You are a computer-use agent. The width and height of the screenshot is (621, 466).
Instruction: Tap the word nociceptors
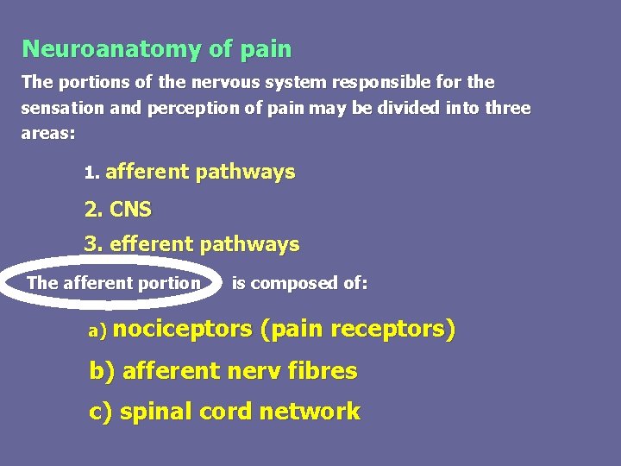[182, 329]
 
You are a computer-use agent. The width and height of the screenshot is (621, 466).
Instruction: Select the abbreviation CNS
[130, 209]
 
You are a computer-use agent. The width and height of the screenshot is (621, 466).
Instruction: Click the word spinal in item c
[156, 412]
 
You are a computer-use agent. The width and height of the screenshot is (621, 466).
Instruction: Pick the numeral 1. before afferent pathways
[91, 173]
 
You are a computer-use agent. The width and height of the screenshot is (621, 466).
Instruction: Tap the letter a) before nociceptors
[97, 331]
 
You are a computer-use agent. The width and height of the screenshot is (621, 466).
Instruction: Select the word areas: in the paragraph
[48, 135]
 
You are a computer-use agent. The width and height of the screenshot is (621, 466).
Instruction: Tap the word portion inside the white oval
[172, 283]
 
